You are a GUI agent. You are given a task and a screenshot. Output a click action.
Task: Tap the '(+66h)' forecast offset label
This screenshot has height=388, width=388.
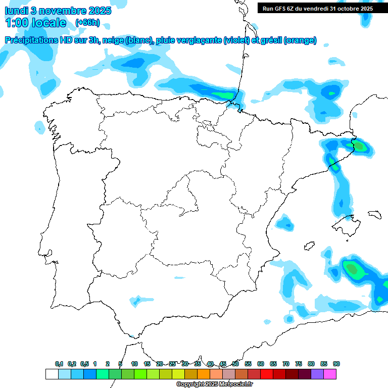[x=87, y=23]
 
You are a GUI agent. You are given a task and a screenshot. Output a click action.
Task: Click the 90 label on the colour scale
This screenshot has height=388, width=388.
[x=336, y=364]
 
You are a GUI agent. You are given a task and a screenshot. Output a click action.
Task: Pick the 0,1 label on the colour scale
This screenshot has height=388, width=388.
[x=59, y=364]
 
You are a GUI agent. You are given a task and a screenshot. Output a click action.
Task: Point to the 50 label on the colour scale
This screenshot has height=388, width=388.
[x=235, y=364]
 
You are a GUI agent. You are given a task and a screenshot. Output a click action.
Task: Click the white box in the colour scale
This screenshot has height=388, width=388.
[x=52, y=374]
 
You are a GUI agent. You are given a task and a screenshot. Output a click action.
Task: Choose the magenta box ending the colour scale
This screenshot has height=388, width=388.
[x=330, y=374]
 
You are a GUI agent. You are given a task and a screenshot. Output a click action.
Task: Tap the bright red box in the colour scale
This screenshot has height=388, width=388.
[x=267, y=374]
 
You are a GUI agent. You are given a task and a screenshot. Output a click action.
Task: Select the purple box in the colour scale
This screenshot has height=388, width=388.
[x=317, y=374]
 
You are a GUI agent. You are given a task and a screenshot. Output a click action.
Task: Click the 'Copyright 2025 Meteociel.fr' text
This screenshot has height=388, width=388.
[x=214, y=384]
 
